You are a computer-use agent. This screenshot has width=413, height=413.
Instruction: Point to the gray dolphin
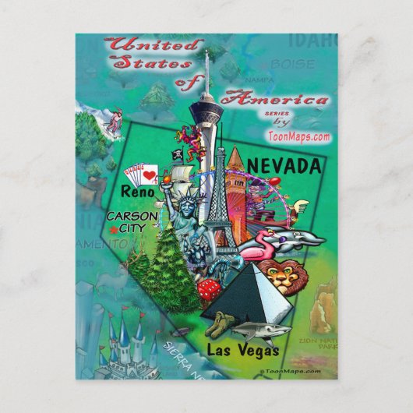point(295,237)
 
